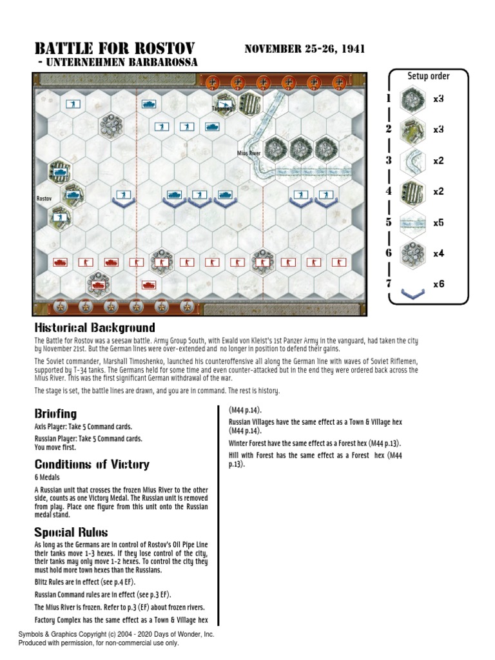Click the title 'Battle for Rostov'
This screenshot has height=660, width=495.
pos(114,49)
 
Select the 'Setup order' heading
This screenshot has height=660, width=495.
pos(428,76)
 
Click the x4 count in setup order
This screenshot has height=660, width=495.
pos(438,253)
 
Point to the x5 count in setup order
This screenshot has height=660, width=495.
pos(438,222)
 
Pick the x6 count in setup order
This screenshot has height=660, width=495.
pos(438,284)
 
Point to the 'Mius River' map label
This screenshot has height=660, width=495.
pos(248,153)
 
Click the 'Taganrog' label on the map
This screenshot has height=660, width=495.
pos(221,109)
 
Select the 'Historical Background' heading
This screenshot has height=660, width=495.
pos(94,328)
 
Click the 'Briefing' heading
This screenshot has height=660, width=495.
pos(55,413)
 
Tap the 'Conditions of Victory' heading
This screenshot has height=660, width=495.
pos(92,464)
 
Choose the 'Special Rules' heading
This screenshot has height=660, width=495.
pos(71,532)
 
